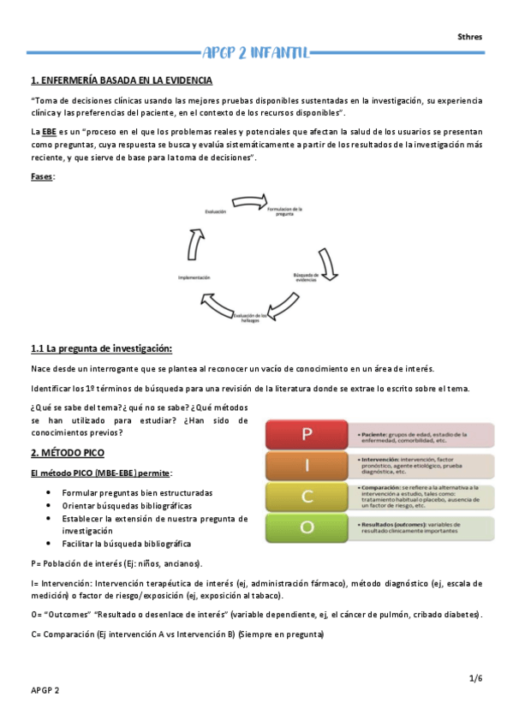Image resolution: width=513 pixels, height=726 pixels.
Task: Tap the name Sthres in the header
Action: point(469,37)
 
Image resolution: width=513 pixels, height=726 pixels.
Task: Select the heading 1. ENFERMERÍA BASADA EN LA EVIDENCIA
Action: point(122,80)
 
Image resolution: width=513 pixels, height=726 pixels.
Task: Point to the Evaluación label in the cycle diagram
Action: point(215,211)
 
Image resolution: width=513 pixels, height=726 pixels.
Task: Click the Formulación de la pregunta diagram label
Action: point(285,211)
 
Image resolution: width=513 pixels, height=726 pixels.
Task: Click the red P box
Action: point(305,433)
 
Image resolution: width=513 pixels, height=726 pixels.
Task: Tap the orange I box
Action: point(305,466)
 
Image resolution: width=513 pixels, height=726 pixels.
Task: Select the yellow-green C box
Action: point(305,497)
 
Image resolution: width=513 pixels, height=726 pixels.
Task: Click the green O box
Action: point(305,527)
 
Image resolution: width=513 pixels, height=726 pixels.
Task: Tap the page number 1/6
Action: point(476,678)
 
